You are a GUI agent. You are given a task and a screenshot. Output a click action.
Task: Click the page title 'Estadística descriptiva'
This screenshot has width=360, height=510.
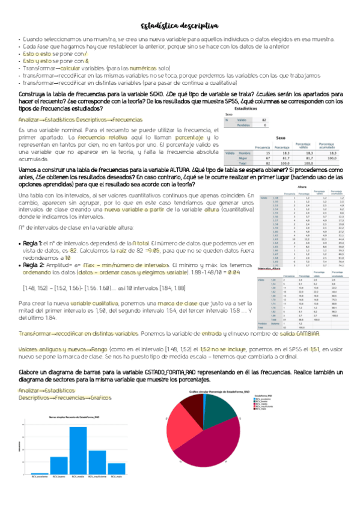pos(180,25)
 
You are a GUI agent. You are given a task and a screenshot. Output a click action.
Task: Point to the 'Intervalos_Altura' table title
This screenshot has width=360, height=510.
pos(270,251)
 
